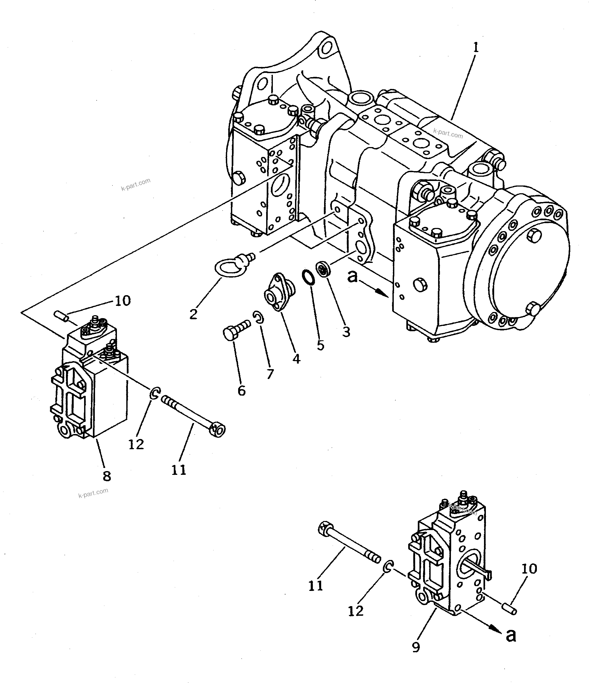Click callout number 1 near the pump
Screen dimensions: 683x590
point(475,48)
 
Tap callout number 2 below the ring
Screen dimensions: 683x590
point(194,314)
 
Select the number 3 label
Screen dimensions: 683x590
point(346,332)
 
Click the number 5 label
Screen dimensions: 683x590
point(321,345)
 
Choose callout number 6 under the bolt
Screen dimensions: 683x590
point(241,391)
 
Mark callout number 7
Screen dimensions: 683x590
point(270,374)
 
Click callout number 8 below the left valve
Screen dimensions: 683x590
point(107,476)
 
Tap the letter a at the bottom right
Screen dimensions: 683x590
point(511,635)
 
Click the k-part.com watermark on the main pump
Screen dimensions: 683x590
point(448,133)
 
